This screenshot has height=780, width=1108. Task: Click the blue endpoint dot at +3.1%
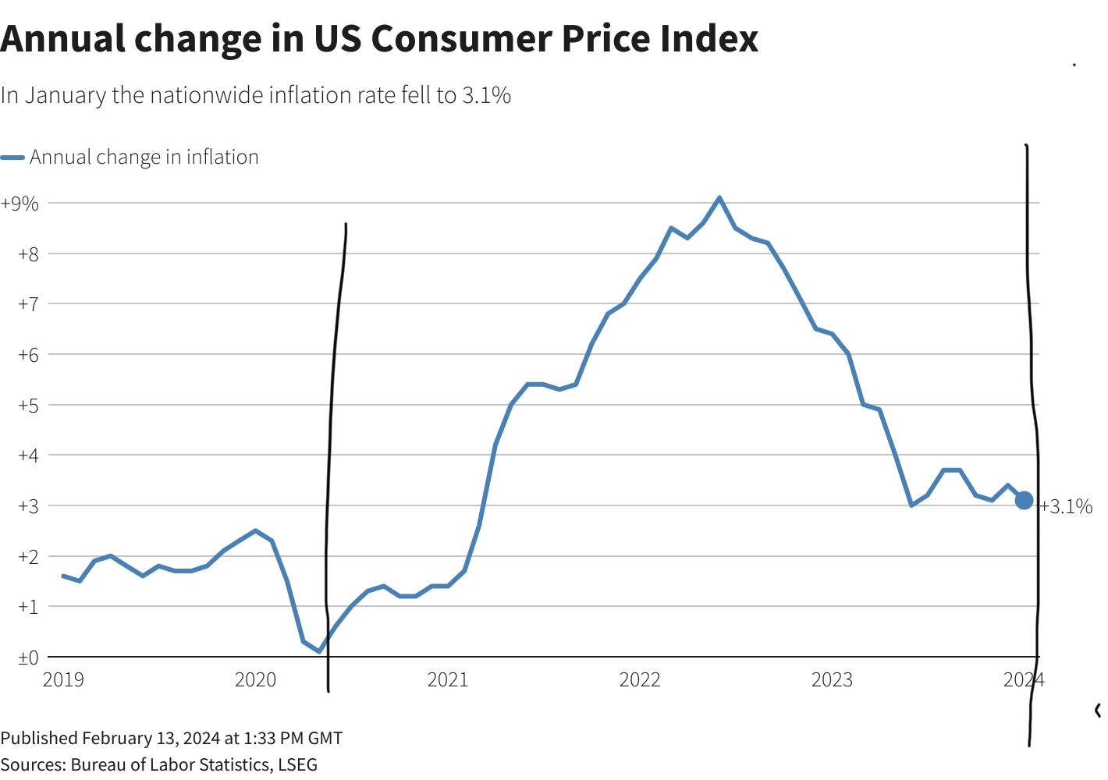(1024, 501)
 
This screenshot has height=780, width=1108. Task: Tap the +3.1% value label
(1066, 507)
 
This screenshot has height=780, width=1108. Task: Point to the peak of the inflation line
(719, 197)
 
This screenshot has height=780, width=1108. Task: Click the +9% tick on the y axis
(20, 204)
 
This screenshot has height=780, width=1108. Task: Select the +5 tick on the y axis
(28, 405)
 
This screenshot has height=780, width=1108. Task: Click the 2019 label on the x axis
(63, 680)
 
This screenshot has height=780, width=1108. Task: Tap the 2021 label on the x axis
(448, 680)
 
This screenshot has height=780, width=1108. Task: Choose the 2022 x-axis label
(640, 680)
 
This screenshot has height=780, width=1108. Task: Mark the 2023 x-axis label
(832, 680)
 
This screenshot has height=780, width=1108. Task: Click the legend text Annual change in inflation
(144, 158)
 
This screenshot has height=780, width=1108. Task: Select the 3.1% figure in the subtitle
(486, 95)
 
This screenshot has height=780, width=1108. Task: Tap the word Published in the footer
(39, 738)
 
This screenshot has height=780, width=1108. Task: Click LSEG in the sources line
(297, 764)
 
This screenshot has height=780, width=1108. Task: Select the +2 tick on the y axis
(28, 556)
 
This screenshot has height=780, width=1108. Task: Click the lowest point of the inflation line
(319, 651)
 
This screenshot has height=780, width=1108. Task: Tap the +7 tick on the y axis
(28, 303)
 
